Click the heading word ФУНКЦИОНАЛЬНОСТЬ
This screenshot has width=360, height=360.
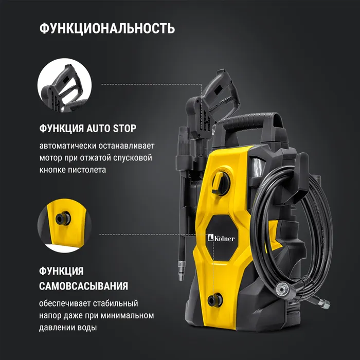(x=107, y=28)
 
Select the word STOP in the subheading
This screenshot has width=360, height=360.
(x=124, y=129)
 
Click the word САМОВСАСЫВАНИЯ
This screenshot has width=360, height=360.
(x=83, y=286)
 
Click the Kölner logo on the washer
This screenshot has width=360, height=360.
(x=221, y=238)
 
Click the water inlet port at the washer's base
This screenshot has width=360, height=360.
(x=215, y=300)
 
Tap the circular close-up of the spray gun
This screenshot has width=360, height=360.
(x=64, y=85)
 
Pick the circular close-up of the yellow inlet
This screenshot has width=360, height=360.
(x=64, y=226)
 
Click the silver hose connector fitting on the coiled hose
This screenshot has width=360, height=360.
(x=282, y=289)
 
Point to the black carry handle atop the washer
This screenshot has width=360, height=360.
(x=251, y=122)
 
